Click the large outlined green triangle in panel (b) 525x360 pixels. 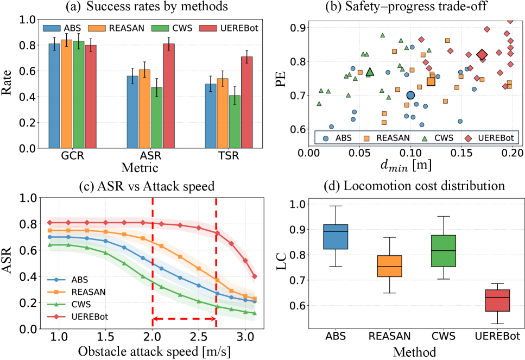[370, 72]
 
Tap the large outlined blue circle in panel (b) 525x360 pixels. [410, 95]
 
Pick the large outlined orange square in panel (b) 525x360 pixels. [431, 81]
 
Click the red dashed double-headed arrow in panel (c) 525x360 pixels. [184, 319]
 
